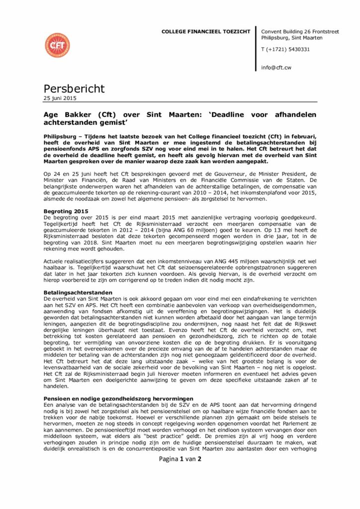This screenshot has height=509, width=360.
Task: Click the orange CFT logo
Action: click(x=57, y=45)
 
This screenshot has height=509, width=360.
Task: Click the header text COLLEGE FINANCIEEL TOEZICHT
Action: click(x=206, y=32)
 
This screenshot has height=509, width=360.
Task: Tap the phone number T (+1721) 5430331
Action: click(x=285, y=49)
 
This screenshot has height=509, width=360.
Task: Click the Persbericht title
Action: click(x=74, y=88)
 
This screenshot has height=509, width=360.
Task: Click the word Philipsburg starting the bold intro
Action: click(x=61, y=135)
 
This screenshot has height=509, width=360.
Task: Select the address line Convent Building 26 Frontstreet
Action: click(x=300, y=31)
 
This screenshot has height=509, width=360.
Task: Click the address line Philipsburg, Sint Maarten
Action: click(x=292, y=38)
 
